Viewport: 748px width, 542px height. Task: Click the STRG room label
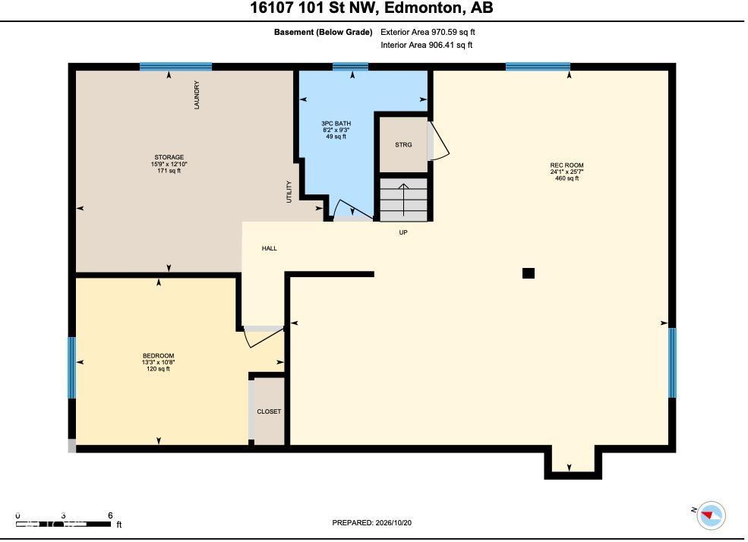click(403, 144)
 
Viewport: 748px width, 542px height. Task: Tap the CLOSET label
click(269, 411)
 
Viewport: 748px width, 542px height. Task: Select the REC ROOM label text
click(567, 165)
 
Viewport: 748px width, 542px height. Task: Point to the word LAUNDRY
click(197, 95)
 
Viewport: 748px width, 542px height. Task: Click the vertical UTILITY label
click(289, 192)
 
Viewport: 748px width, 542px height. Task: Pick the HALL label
click(269, 248)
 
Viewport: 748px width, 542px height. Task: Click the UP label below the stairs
click(403, 232)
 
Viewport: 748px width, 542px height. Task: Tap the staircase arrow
click(403, 200)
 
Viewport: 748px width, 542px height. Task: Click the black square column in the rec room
click(528, 273)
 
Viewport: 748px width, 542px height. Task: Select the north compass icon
click(711, 515)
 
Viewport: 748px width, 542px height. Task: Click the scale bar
click(64, 525)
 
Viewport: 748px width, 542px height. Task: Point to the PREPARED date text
click(371, 522)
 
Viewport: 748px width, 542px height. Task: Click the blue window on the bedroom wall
click(71, 367)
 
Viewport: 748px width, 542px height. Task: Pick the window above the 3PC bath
click(350, 67)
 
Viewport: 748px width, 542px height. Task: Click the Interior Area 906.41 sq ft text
click(427, 46)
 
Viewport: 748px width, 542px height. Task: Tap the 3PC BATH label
click(336, 124)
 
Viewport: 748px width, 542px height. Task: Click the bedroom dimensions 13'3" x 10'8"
click(159, 362)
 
